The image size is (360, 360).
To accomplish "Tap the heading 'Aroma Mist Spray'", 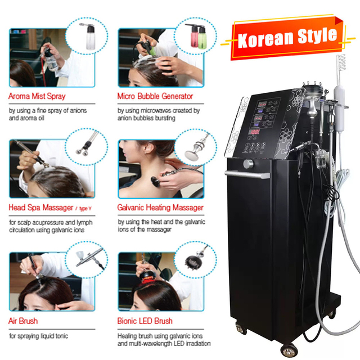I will point(37,96).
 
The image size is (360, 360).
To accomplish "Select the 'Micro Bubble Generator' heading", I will point(155,96).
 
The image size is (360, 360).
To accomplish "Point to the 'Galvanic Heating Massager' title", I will point(160,208).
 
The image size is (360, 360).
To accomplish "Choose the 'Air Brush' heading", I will point(23,321).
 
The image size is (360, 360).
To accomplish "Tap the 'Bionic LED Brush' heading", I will point(145,321).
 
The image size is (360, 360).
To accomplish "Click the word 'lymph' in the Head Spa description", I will point(83,222).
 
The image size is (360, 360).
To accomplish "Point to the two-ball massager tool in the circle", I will point(87,148).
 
